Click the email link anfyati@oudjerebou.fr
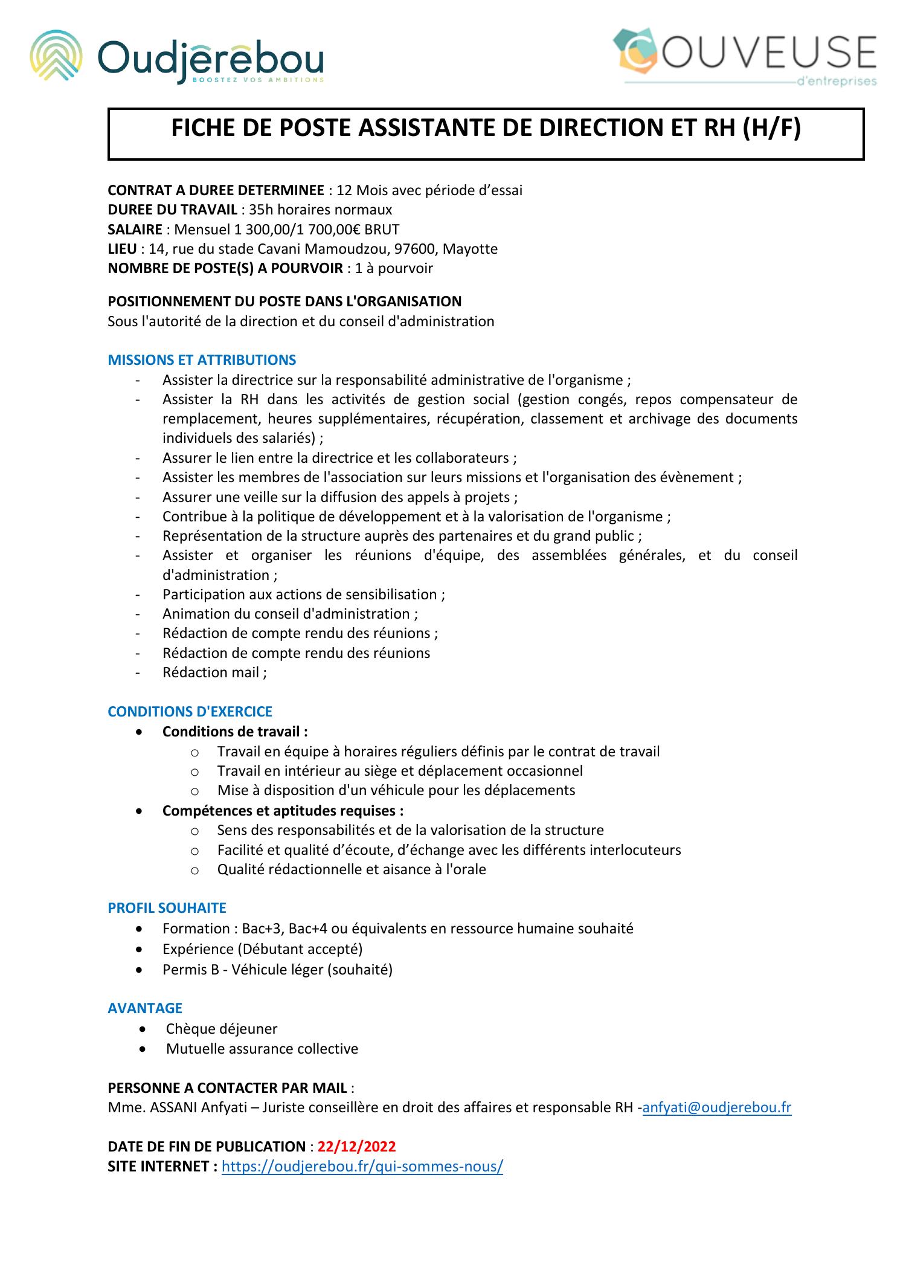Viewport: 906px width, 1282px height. [x=717, y=1107]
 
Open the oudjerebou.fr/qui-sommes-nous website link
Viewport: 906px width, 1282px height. [x=362, y=1166]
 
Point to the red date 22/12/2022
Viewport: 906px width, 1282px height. [x=357, y=1147]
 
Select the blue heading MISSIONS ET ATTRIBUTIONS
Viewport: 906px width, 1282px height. [x=202, y=360]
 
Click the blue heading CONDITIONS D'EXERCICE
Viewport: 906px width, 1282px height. [x=190, y=712]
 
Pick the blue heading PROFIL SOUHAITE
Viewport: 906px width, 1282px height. [x=167, y=908]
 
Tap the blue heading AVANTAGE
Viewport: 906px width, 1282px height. [x=145, y=1008]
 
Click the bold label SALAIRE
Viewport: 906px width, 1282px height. [x=135, y=230]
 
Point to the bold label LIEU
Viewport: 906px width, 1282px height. [x=122, y=249]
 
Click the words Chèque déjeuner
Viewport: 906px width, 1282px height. [x=222, y=1028]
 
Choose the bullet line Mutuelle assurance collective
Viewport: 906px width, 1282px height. [x=262, y=1049]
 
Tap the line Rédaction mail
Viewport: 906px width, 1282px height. [x=214, y=672]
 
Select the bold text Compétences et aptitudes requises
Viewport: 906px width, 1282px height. [x=283, y=810]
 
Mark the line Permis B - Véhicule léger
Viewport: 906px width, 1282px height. [x=277, y=970]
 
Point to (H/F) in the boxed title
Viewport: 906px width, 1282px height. [x=770, y=129]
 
